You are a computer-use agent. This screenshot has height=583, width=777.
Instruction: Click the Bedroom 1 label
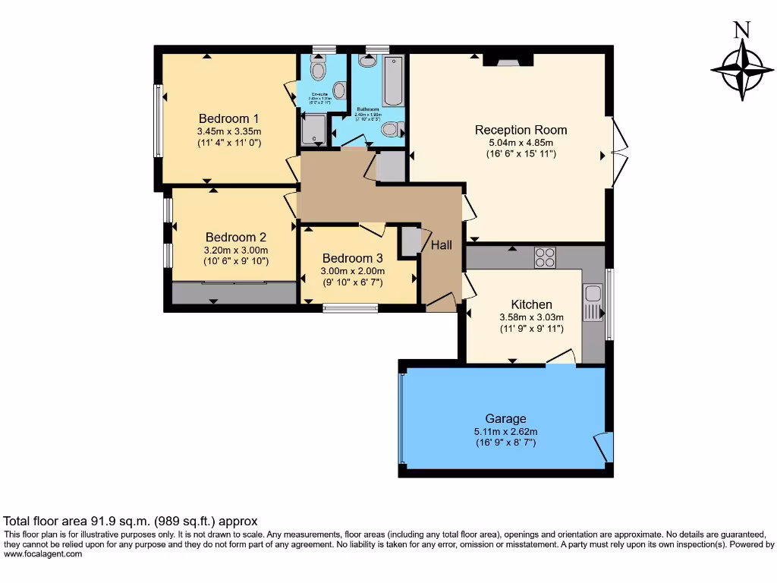pos(229,118)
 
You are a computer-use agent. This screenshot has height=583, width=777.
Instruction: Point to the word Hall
pos(442,245)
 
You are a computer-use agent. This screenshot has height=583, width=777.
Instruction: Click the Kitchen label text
pos(531,304)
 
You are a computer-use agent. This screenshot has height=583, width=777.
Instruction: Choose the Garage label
pos(505,418)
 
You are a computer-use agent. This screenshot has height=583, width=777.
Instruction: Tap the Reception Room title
pos(521,130)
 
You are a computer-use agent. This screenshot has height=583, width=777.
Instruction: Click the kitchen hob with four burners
pos(545,257)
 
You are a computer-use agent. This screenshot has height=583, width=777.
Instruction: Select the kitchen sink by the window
pos(593,300)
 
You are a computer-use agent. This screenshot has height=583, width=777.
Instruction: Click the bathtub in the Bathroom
pos(393,81)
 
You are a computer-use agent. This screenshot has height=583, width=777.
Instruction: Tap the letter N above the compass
pos(741,30)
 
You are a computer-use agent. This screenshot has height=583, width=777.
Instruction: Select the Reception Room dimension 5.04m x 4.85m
pos(521,142)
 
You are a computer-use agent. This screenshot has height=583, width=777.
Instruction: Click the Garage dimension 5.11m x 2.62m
pos(505,430)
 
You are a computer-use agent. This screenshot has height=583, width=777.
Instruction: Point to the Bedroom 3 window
pos(351,308)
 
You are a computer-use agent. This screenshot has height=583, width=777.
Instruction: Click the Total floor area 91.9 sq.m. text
pos(131,522)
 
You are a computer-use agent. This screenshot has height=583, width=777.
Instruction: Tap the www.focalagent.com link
pos(42,554)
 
